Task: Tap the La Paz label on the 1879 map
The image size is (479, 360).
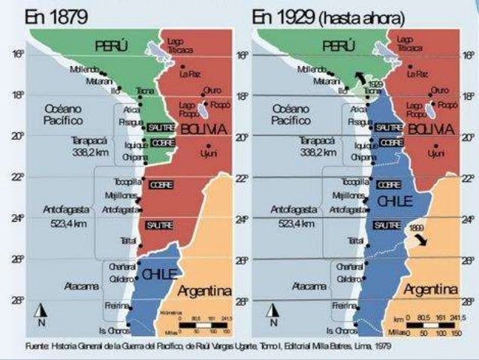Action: click(x=190, y=74)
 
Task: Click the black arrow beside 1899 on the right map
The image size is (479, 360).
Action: click(x=423, y=241)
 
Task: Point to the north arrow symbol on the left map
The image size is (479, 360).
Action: click(x=44, y=311)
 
